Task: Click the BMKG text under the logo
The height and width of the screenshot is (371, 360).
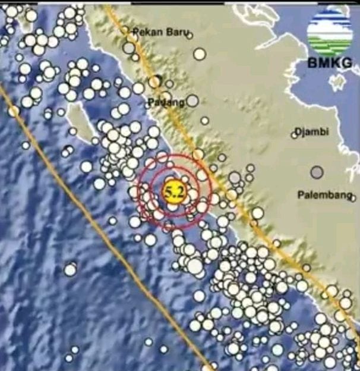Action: pos(329,61)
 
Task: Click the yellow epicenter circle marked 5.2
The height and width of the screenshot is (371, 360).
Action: pos(173,191)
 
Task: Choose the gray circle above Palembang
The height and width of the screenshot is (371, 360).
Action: pos(317,172)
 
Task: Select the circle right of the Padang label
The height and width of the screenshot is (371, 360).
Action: pos(192,102)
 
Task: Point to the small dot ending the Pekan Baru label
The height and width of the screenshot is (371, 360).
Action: pos(190,35)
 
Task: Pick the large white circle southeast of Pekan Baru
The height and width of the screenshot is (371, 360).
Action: pos(200,54)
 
